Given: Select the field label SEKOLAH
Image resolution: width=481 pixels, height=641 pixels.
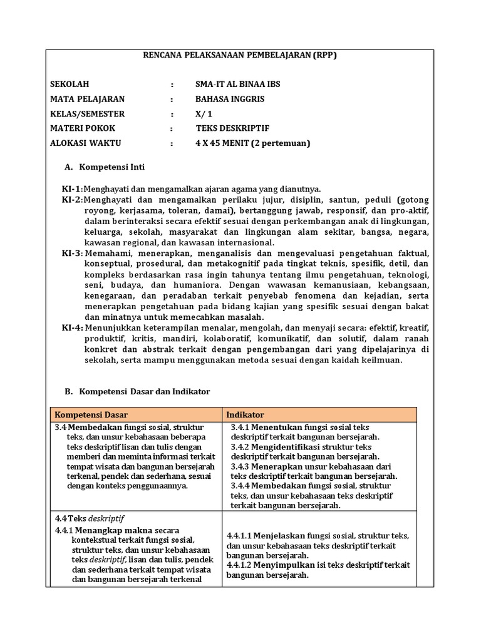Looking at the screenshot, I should [x=70, y=84].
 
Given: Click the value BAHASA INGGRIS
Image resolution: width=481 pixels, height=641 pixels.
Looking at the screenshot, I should [x=230, y=99].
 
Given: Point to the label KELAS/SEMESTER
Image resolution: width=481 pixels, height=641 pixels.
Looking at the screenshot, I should [x=87, y=114].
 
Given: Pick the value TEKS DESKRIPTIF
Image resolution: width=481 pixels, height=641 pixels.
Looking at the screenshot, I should [x=232, y=128].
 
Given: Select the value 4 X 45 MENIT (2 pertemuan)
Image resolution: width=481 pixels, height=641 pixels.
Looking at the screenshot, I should [x=252, y=143].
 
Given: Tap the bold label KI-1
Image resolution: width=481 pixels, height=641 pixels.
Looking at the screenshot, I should [x=71, y=189].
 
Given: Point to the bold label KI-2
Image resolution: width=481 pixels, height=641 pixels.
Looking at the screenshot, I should [x=71, y=200].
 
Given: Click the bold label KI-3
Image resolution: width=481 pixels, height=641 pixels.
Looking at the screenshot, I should [x=71, y=253].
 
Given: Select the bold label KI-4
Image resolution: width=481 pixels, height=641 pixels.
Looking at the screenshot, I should [x=71, y=327].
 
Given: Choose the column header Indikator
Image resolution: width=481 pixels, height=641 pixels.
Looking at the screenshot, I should [x=245, y=414].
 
